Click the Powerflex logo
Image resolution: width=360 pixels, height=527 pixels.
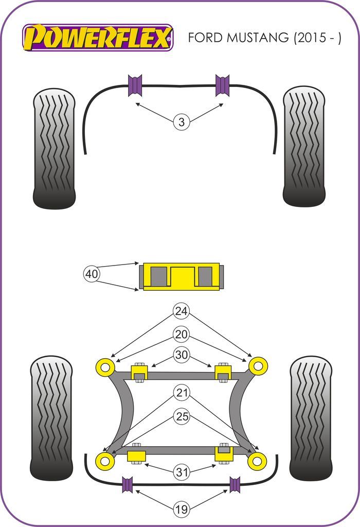coord(98,38)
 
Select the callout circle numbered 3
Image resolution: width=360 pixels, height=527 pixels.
coord(181,122)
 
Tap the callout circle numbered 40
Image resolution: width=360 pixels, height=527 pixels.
coord(92,274)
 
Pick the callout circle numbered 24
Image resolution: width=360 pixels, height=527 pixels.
coord(181,311)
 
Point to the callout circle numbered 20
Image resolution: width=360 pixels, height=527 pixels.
coord(181,334)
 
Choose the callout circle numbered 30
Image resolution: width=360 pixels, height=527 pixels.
coord(181,355)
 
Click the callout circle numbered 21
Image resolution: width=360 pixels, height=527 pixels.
coord(181,394)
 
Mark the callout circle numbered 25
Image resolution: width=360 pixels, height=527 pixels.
coord(181,416)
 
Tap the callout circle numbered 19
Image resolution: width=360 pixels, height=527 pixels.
coord(181,509)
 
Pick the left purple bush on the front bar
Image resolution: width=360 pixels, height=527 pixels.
coord(135,85)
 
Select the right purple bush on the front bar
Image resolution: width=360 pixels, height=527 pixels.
coord(222,85)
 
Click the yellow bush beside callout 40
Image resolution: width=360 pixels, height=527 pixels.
coord(181,276)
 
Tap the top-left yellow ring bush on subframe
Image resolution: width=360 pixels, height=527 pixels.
coord(105,367)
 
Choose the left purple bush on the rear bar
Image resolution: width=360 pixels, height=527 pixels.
coord(128,484)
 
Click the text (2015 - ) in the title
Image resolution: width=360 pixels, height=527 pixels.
coord(316,38)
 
